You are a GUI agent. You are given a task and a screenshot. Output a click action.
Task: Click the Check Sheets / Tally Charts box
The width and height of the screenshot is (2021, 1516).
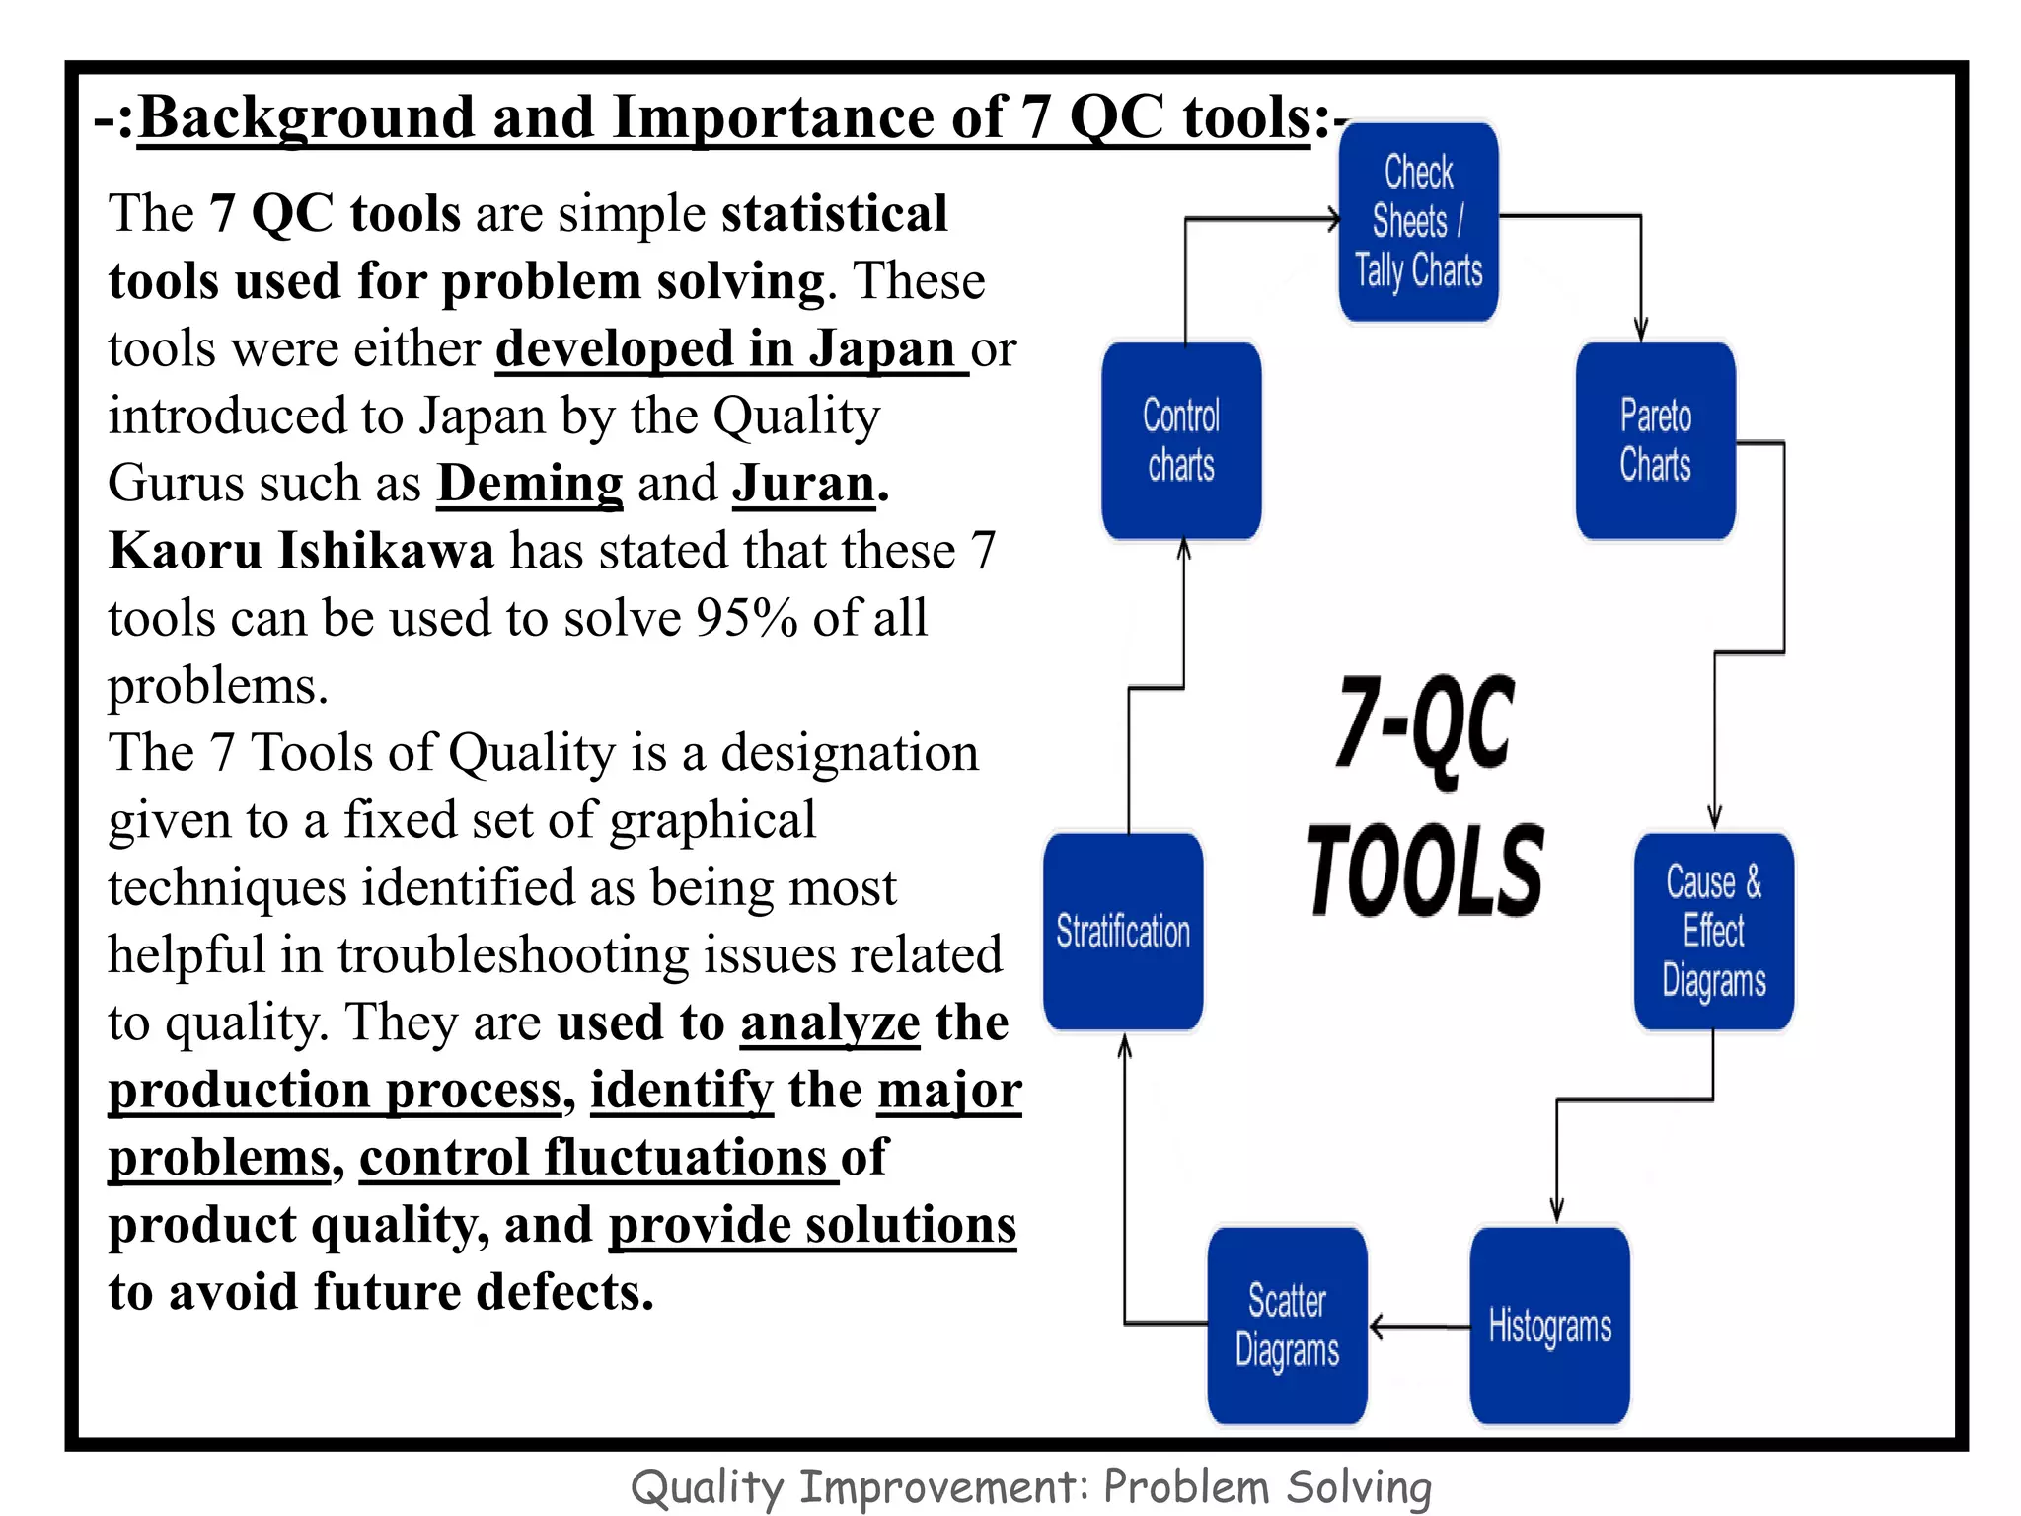[1418, 221]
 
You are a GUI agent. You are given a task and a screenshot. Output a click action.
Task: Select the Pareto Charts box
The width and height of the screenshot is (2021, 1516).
[1655, 440]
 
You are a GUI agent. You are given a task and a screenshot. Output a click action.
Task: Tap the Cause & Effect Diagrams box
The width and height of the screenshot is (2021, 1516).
[1713, 932]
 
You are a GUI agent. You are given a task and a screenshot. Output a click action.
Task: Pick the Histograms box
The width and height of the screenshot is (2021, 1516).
[1549, 1325]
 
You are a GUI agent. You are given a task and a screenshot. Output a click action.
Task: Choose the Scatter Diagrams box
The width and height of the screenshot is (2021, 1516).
[1287, 1325]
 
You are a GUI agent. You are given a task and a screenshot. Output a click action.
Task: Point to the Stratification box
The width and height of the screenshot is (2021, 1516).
[1123, 932]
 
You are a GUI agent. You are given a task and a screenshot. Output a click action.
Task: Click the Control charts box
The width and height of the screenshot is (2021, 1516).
[1181, 440]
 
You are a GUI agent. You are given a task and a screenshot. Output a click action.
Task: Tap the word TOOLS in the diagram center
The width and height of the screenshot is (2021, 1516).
[1424, 871]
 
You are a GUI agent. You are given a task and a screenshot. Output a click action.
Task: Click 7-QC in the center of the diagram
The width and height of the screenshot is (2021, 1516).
[1424, 725]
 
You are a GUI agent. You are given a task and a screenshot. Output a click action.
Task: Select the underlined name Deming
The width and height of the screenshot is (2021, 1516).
[530, 484]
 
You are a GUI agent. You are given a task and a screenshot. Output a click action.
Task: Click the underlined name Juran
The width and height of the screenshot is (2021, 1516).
[803, 484]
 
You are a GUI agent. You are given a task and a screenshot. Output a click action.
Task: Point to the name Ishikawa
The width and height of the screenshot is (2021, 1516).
[386, 551]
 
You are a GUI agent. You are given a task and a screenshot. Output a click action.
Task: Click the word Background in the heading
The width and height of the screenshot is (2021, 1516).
[307, 117]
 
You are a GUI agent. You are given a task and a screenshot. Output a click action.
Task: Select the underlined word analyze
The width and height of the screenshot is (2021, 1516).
[830, 1023]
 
